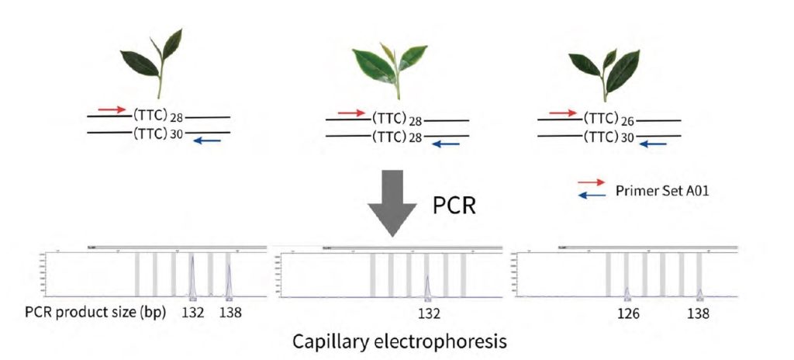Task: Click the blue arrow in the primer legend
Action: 592,196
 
